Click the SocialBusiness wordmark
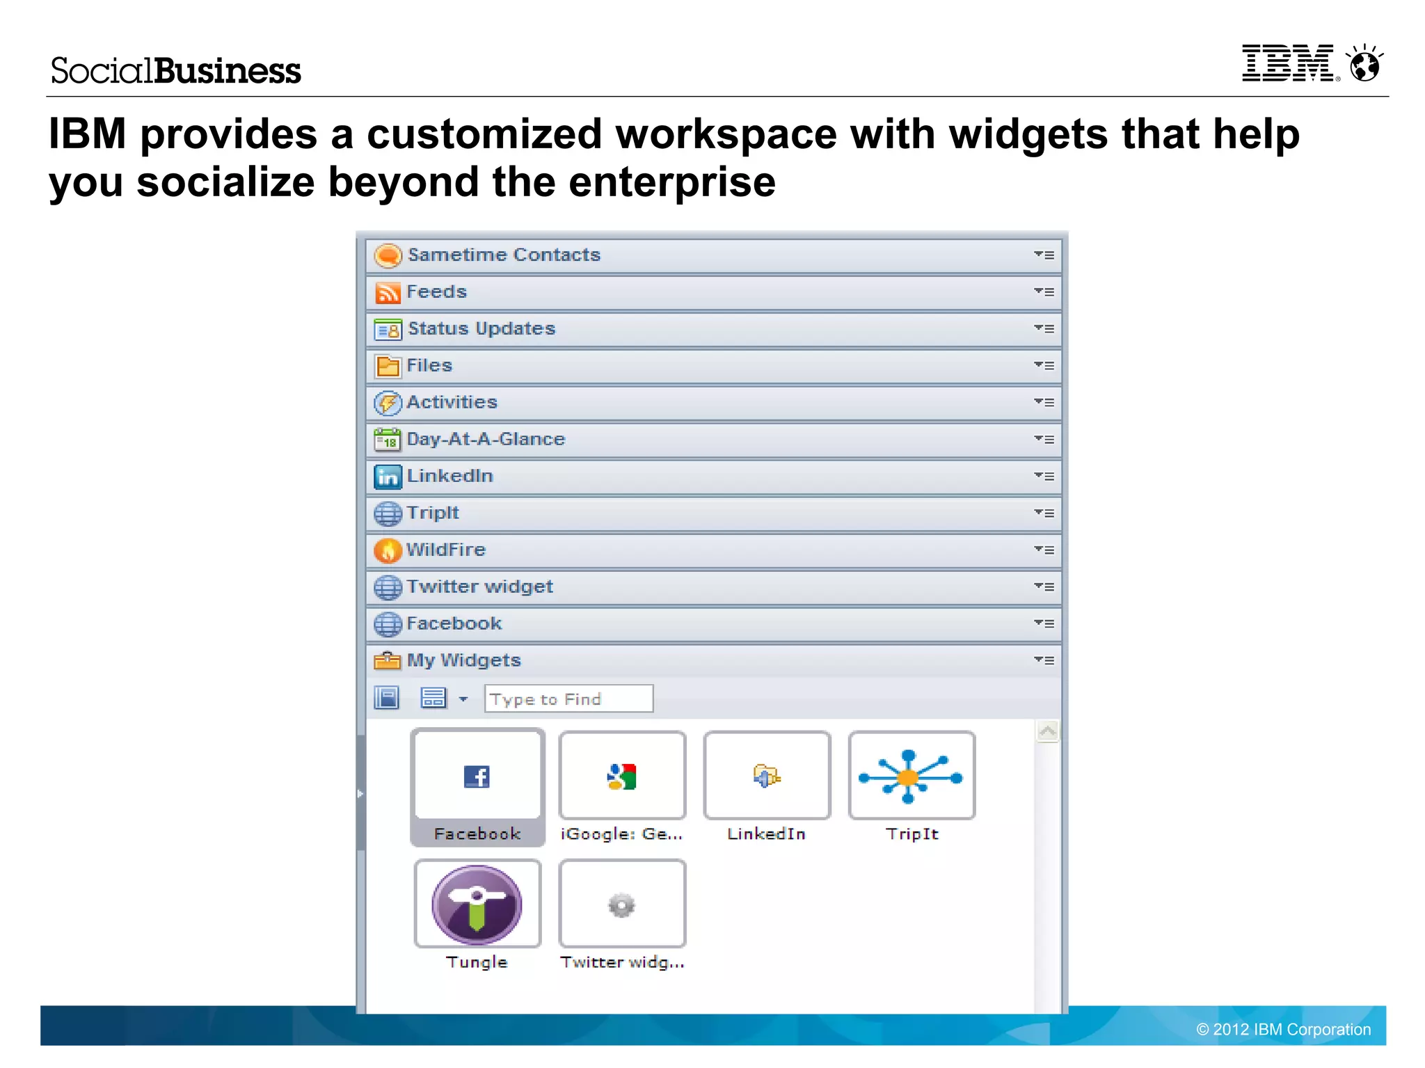tap(175, 71)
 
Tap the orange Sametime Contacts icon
tap(388, 255)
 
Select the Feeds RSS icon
tap(388, 292)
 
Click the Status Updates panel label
tap(481, 328)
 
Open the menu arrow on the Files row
tap(1044, 365)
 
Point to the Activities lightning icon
tap(388, 403)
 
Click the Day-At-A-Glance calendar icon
tap(388, 440)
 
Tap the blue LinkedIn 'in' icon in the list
tap(388, 477)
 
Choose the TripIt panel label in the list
tap(433, 513)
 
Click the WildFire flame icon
tap(388, 550)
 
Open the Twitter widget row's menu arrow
tap(1044, 587)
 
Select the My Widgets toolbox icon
tap(388, 660)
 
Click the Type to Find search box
tap(568, 699)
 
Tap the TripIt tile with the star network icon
tap(911, 776)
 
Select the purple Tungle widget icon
tap(477, 904)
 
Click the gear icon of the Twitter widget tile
tap(622, 905)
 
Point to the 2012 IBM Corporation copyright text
tap(1284, 1029)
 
